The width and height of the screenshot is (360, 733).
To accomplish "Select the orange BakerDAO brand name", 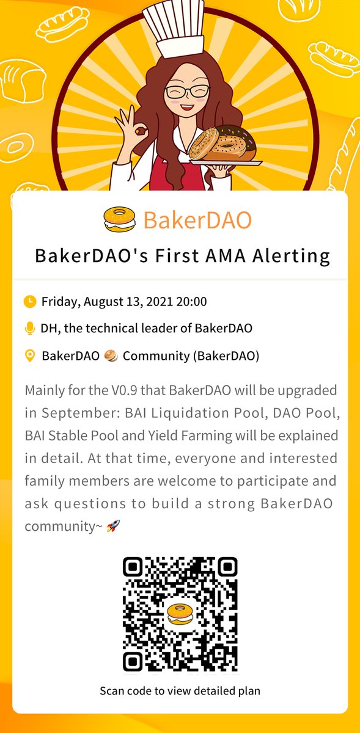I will [x=197, y=220].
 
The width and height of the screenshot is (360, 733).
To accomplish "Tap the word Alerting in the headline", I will [x=292, y=256].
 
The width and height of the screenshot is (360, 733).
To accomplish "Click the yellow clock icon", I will [x=29, y=301].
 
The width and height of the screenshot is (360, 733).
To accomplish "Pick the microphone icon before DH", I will [x=29, y=328].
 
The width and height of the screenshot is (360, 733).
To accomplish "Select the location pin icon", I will [x=29, y=356].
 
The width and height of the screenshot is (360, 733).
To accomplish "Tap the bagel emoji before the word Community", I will [x=111, y=356].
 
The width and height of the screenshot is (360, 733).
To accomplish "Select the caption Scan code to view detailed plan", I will [x=180, y=691].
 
